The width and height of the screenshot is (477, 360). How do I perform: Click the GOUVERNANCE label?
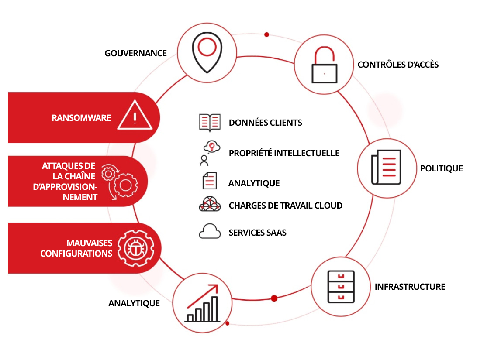click(135, 53)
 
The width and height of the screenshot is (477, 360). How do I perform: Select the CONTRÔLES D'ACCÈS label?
click(398, 65)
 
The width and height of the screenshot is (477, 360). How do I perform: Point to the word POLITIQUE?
click(441, 168)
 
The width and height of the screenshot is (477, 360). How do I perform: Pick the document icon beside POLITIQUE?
click(386, 168)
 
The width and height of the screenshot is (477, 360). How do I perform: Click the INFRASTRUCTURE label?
click(410, 287)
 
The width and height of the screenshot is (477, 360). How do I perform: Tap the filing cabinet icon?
click(341, 286)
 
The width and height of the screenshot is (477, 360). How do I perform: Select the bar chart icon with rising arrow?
click(202, 304)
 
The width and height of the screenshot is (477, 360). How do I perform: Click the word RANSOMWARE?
click(81, 118)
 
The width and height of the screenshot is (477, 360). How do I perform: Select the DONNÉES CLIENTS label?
click(265, 123)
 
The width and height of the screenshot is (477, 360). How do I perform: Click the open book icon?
click(210, 123)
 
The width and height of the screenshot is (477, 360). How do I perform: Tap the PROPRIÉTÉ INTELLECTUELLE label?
click(284, 153)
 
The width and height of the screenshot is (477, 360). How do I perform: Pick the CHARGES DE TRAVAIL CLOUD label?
click(285, 205)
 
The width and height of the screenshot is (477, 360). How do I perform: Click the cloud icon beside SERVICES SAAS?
click(210, 232)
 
